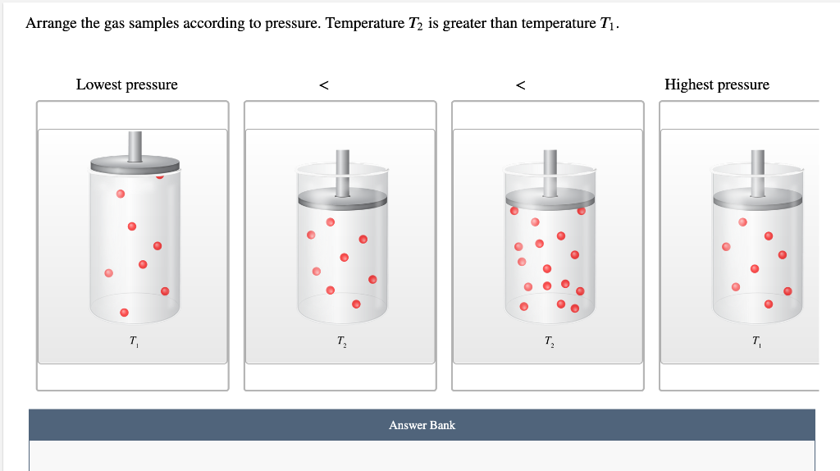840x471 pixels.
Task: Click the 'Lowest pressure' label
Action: (x=126, y=85)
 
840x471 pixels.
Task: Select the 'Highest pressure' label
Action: (x=717, y=85)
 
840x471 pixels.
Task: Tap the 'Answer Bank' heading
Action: (x=422, y=425)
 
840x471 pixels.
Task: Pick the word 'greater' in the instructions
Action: (x=464, y=23)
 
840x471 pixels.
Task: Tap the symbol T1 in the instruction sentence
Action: (x=606, y=24)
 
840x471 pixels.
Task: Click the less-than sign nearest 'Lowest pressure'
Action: (x=324, y=85)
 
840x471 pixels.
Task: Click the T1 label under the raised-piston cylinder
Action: (x=133, y=341)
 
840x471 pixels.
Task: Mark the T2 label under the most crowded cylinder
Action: (x=548, y=341)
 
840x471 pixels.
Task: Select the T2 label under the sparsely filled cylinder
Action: (x=340, y=341)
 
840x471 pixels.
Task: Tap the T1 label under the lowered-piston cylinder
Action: (x=756, y=341)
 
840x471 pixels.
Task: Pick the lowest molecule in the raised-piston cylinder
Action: (x=124, y=312)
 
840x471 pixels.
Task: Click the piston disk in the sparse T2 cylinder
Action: (x=342, y=198)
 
